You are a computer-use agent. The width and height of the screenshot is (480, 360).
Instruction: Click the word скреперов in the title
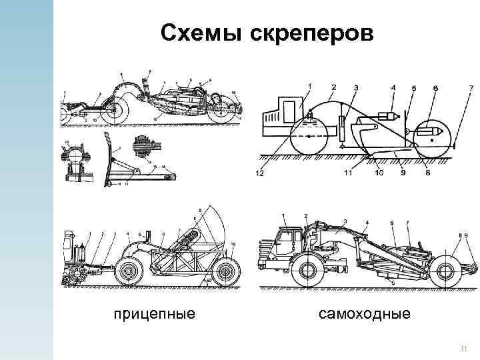tap(313, 33)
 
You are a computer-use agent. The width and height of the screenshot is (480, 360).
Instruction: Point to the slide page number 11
tap(465, 348)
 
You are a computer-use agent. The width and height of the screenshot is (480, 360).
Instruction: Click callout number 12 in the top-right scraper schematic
tap(259, 174)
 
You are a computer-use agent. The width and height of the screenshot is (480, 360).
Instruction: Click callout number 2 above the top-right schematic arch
tap(333, 87)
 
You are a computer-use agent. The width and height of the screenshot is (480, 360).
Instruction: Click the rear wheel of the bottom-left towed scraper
tap(227, 272)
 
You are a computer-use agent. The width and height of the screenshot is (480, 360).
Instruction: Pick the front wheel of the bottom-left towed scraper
tap(129, 272)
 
